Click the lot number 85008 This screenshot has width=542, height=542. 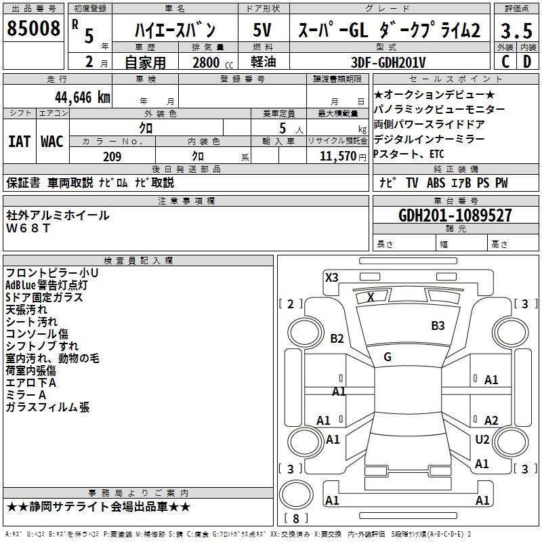click(33, 29)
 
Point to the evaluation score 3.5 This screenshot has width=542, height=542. click(515, 30)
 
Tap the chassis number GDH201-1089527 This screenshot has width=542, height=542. click(455, 215)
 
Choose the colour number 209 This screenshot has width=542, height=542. click(112, 157)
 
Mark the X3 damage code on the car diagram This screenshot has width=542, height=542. click(332, 277)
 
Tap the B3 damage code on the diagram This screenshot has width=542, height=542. click(438, 326)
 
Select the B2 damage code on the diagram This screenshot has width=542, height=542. click(337, 339)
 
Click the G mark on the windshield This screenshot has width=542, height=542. click(387, 357)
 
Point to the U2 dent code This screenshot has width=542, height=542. click(482, 440)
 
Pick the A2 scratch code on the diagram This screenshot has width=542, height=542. click(491, 421)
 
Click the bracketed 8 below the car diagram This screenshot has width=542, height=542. click(295, 519)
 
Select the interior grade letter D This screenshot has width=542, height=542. click(526, 62)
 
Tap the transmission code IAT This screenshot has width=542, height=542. click(19, 141)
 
